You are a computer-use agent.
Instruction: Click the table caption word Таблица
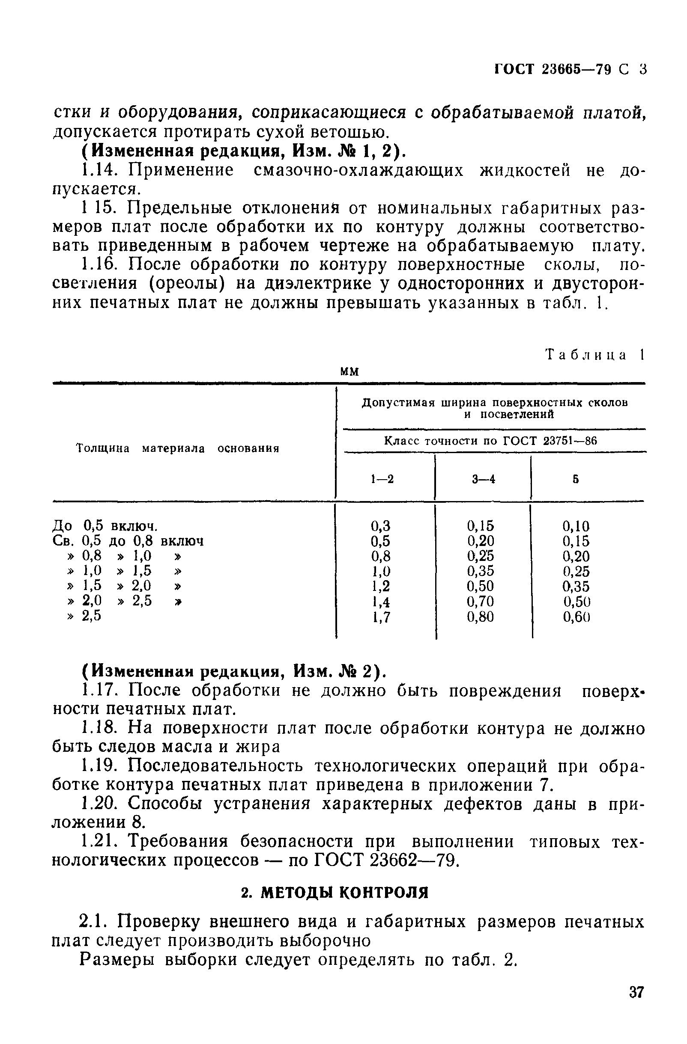[x=585, y=355]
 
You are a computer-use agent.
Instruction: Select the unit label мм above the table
[x=350, y=371]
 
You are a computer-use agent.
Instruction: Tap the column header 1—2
[x=382, y=480]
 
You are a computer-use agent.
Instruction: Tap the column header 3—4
[x=483, y=480]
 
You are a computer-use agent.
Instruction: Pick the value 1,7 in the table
[x=381, y=617]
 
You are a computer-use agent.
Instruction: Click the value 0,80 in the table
[x=480, y=617]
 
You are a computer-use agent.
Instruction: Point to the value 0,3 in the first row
[x=381, y=525]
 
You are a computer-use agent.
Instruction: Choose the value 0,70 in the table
[x=480, y=602]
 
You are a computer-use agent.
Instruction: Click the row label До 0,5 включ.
[x=105, y=525]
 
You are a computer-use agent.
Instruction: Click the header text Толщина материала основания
[x=178, y=449]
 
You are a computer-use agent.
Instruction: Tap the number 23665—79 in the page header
[x=576, y=70]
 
